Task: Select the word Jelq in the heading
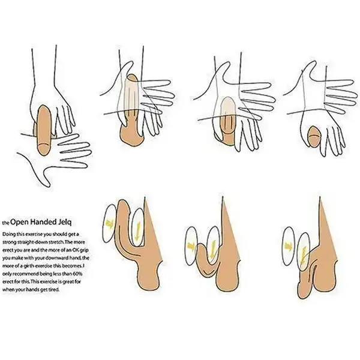65,222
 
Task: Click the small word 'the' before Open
6,223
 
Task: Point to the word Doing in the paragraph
8,235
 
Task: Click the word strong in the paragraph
8,242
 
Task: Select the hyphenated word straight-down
29,242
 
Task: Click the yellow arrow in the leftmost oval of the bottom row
110,224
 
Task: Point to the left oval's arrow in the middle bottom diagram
191,246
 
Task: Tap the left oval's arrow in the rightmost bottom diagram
288,246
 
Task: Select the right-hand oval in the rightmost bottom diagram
304,251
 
